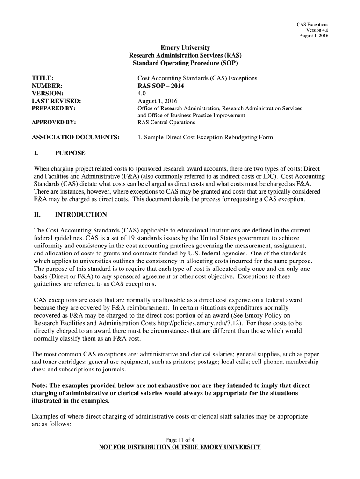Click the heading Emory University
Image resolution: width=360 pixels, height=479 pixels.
point(185,48)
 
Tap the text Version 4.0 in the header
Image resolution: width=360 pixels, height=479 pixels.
point(317,30)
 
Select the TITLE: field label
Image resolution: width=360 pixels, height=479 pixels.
point(42,78)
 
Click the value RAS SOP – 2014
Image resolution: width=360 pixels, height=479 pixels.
point(161,86)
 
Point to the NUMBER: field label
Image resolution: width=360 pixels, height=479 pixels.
point(47,86)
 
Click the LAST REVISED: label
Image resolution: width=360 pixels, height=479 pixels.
point(56,101)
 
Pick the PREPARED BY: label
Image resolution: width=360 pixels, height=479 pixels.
point(53,108)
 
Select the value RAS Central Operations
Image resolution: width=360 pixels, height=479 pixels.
point(166,123)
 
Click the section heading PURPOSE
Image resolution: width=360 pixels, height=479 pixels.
point(70,153)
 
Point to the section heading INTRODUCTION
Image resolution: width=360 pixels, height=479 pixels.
point(81,215)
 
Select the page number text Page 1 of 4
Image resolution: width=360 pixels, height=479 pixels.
point(180,439)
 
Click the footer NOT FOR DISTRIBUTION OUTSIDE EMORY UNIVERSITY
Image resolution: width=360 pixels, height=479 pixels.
point(180,447)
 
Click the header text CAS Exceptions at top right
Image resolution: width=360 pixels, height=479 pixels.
point(312,24)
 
